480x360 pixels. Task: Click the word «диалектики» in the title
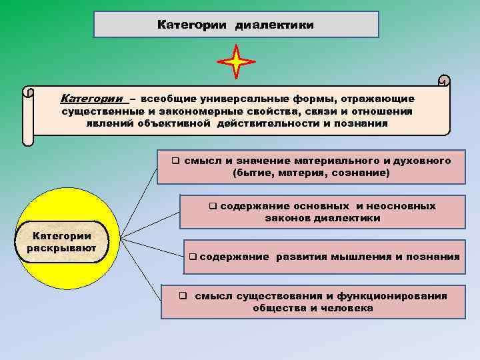[274, 25]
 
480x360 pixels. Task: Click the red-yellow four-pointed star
[236, 62]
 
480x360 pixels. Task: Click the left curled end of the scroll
[27, 116]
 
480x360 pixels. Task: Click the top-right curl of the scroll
[444, 81]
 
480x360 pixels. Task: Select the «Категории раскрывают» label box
[62, 242]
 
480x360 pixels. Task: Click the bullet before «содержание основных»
[213, 206]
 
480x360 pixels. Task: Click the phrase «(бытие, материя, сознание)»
[311, 173]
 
